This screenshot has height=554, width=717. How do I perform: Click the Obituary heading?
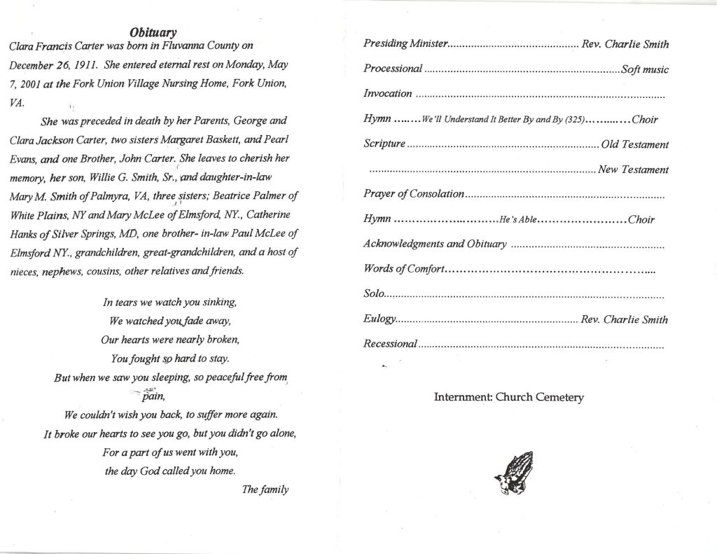tap(153, 32)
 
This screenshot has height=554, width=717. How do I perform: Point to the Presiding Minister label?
tap(405, 44)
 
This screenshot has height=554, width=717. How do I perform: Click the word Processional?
tap(393, 69)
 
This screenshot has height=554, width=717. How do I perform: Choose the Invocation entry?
tap(388, 94)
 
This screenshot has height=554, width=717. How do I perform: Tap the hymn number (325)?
tap(571, 120)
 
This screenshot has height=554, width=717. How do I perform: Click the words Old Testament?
tap(634, 145)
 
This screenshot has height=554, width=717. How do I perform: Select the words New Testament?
tap(632, 169)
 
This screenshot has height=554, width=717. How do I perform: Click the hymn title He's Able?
tap(517, 220)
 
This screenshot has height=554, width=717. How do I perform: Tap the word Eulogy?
tap(380, 319)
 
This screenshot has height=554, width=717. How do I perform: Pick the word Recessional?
tap(391, 344)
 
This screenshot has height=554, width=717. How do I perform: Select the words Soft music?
tap(644, 69)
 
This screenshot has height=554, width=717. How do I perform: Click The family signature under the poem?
tap(265, 490)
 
